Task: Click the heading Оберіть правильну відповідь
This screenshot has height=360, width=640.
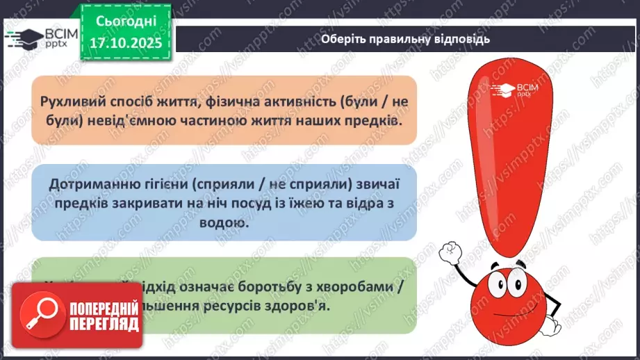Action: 405,39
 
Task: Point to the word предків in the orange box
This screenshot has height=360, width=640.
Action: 370,120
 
